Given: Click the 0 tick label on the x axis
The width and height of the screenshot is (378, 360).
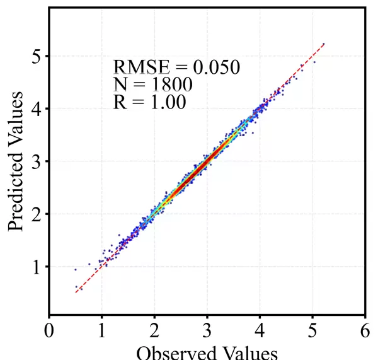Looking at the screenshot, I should click(x=49, y=331).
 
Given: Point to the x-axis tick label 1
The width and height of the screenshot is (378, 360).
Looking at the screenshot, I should click(x=101, y=331).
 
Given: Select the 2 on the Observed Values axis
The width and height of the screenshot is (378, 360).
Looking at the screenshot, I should click(x=154, y=331).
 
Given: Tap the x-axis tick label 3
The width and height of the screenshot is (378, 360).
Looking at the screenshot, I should click(x=207, y=331).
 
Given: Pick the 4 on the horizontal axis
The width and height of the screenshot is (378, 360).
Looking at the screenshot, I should click(x=260, y=331).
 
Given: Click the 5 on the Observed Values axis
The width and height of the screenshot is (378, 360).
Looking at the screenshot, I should click(x=312, y=331).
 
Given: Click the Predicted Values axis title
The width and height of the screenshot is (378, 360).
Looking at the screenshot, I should click(x=17, y=161).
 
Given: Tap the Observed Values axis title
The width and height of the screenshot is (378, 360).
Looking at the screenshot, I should click(x=207, y=352).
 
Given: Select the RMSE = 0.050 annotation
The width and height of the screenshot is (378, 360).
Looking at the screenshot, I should click(x=176, y=67).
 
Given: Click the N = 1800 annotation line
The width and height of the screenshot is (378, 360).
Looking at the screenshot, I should click(x=152, y=84).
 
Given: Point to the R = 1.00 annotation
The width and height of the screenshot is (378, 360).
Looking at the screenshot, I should click(x=150, y=102).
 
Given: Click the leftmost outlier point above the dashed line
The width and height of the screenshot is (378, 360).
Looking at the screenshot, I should click(x=76, y=269).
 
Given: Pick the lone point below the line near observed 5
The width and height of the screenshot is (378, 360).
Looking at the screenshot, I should click(x=314, y=62).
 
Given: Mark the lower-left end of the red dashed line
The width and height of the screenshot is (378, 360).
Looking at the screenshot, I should click(x=76, y=293).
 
